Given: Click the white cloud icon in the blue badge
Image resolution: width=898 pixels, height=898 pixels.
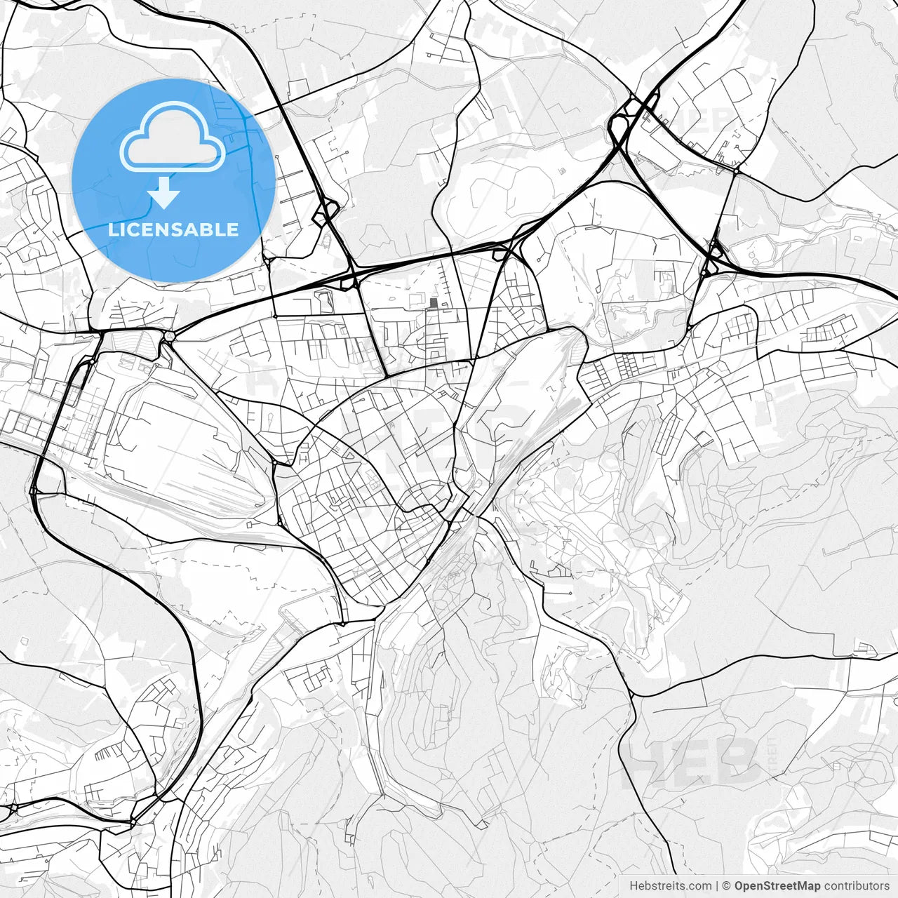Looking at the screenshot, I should [173, 137].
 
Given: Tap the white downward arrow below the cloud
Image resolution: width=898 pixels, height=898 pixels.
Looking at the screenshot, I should [164, 193].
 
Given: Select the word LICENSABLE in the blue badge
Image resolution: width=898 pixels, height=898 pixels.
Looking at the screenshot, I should [173, 229].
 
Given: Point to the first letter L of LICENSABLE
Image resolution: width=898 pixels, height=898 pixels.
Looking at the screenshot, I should [112, 229].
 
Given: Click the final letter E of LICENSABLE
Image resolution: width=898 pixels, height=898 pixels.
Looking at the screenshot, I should [233, 229].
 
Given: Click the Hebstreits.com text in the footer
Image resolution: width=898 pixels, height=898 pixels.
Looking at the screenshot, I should [670, 886].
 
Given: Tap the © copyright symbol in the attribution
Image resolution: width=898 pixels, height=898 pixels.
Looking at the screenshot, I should [727, 886].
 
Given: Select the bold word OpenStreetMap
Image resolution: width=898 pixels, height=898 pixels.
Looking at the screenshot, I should [777, 886].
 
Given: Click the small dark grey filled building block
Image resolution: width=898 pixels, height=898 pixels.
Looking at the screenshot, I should [433, 303].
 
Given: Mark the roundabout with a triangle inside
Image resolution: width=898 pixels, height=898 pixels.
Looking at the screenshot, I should [168, 337].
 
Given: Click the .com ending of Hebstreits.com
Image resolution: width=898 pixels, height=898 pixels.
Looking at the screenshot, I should [699, 886].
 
